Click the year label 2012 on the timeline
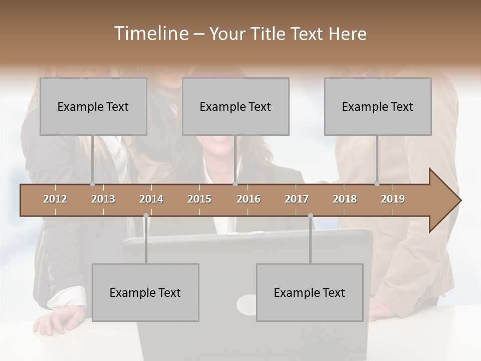(55, 199)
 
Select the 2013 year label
(103, 199)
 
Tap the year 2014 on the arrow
(151, 199)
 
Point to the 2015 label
(199, 199)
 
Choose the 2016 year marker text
(249, 199)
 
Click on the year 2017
(297, 199)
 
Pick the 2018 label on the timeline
(345, 199)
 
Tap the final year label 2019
(393, 199)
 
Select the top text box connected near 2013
(93, 106)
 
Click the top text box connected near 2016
(235, 106)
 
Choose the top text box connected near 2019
(378, 106)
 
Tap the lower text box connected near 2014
(145, 292)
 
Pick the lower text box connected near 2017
(310, 292)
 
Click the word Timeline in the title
(151, 34)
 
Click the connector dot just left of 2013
(92, 184)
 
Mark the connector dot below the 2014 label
(146, 216)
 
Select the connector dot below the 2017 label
(310, 216)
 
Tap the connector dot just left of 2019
(377, 184)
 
